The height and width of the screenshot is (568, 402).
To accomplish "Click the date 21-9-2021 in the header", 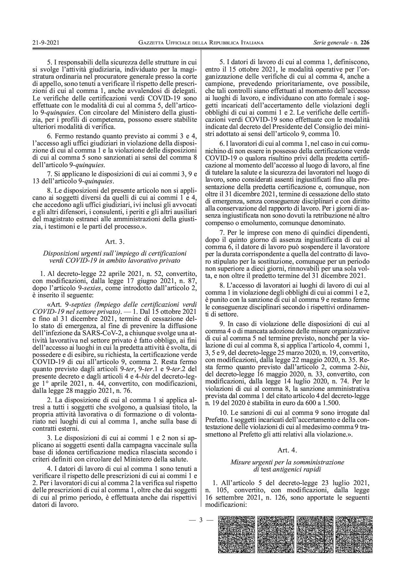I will (45, 42).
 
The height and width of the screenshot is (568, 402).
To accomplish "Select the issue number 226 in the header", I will (365, 42).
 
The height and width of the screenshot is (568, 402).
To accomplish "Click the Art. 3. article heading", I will (115, 242).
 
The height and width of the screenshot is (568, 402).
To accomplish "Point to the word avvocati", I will (185, 206).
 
